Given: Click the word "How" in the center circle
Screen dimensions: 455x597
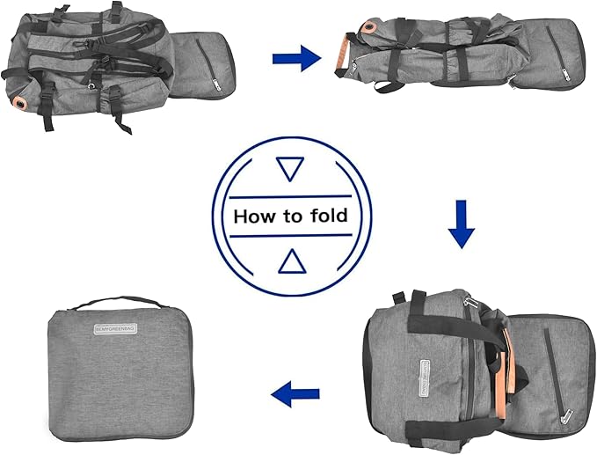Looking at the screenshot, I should pos(253,216).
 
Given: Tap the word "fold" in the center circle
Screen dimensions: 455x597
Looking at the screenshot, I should pos(327,216).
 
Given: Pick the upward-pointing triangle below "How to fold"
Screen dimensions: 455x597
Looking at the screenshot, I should pos(289,261).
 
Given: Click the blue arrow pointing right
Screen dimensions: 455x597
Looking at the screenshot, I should pos(295,60).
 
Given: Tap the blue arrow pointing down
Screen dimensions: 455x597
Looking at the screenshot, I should pos(461,225).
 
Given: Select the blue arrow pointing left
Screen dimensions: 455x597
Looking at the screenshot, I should pos(295,395).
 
